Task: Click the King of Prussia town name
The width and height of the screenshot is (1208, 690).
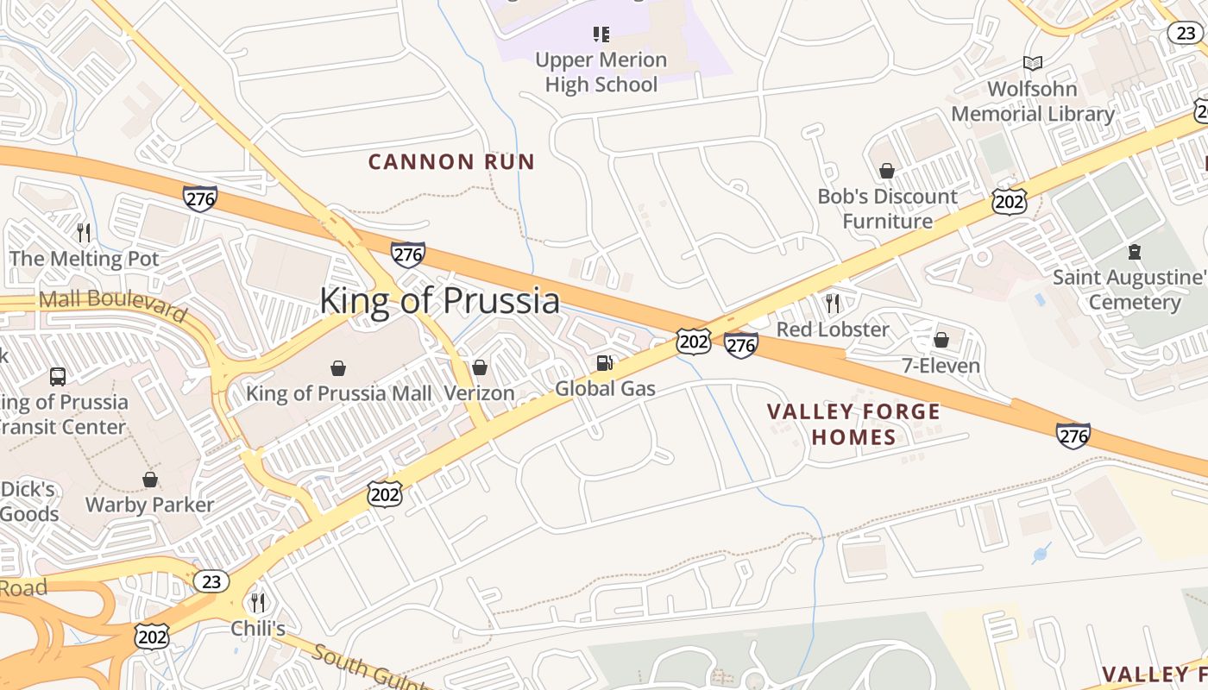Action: (x=439, y=301)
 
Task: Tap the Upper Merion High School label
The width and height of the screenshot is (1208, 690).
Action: (x=601, y=72)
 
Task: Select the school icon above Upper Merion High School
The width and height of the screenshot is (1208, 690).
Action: (x=601, y=34)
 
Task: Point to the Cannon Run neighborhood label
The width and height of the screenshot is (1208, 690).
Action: (x=451, y=161)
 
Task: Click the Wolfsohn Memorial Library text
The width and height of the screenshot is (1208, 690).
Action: (x=1033, y=102)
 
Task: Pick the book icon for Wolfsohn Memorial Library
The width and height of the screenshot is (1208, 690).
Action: (x=1033, y=63)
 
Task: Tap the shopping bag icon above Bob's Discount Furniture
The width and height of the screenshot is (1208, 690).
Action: (x=886, y=170)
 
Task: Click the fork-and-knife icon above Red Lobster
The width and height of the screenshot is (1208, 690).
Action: (x=833, y=303)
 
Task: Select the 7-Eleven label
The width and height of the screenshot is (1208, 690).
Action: (x=941, y=366)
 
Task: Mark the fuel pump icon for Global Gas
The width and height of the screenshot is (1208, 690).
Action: (x=605, y=363)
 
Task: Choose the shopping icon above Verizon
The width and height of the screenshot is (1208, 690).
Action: (x=480, y=368)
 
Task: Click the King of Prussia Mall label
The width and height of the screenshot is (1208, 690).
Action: (x=338, y=393)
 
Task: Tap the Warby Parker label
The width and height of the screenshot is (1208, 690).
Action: (x=149, y=505)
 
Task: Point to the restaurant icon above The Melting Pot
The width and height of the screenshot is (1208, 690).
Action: (x=84, y=232)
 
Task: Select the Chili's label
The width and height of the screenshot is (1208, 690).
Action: (x=257, y=629)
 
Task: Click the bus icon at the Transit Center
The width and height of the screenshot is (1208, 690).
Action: (x=58, y=376)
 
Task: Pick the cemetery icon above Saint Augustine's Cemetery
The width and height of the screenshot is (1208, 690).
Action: (x=1134, y=252)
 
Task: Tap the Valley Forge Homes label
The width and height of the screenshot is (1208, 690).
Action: (x=853, y=424)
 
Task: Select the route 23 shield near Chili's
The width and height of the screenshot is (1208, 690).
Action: (x=211, y=580)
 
